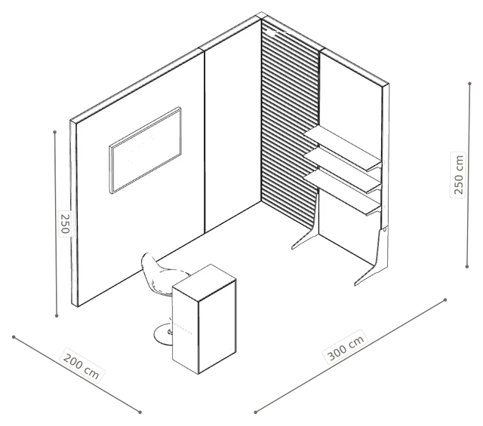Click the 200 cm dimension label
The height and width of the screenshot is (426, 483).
pos(82,366)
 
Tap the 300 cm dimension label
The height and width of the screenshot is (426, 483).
pos(346,347)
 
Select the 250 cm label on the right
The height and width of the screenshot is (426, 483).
pos(458,175)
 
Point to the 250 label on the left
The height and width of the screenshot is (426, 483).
pos(65,223)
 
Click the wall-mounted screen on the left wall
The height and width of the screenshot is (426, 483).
pos(145,150)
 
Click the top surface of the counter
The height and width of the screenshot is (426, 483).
pos(205,282)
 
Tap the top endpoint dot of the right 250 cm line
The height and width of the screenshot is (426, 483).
pos(469,84)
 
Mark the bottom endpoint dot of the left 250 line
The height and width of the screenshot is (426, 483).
pos(57,315)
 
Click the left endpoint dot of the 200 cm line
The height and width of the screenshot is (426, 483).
pos(14,337)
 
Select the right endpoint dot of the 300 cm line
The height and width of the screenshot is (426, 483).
pos(445,299)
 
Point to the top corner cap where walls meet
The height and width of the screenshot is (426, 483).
pos(261,15)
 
